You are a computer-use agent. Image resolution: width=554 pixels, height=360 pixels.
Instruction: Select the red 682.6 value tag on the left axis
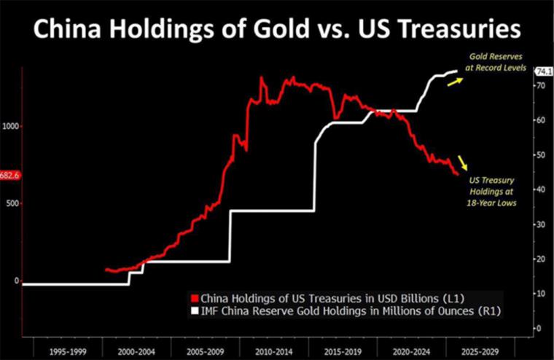(10, 175)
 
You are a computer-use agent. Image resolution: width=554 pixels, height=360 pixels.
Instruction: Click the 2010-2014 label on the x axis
(276, 351)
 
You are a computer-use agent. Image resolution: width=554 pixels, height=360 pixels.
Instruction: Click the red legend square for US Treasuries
(194, 299)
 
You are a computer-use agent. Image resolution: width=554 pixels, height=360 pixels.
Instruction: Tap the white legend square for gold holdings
(194, 311)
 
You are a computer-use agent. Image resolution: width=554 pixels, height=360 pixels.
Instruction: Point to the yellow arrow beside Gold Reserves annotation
(454, 82)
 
